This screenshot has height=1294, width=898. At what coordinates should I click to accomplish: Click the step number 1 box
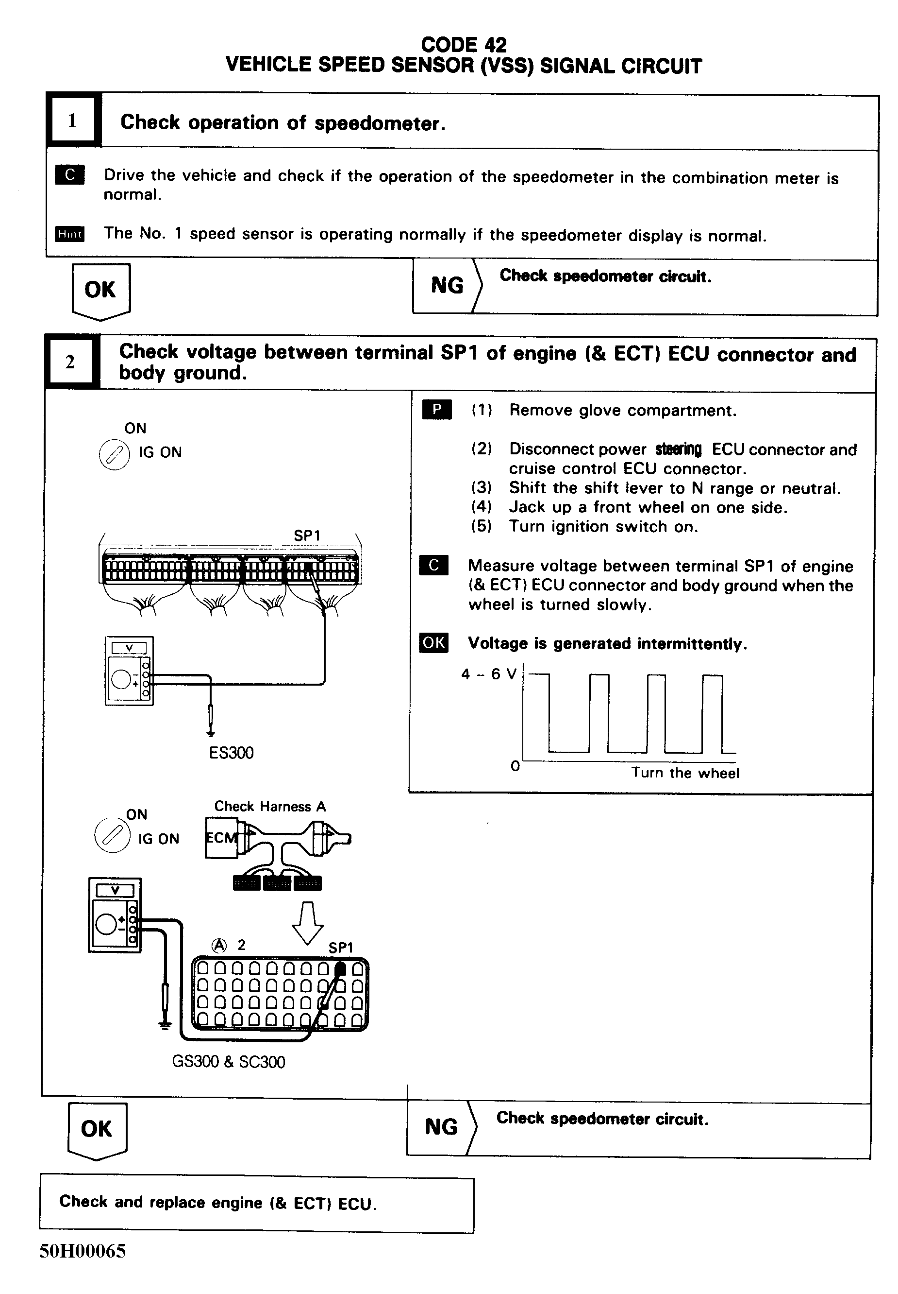click(72, 121)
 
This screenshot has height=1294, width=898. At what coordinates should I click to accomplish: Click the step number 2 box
click(70, 362)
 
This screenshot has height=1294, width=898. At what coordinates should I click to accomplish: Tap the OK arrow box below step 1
click(100, 291)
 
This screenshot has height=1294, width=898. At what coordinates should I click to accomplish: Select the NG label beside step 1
click(448, 286)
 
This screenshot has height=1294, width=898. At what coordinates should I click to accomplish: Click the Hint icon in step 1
click(70, 234)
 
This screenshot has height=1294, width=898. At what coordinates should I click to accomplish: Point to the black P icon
click(436, 409)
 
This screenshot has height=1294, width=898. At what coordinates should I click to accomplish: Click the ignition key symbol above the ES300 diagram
click(114, 454)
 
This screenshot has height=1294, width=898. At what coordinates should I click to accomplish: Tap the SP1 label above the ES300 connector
click(307, 535)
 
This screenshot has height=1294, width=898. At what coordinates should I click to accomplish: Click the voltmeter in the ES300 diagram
click(129, 671)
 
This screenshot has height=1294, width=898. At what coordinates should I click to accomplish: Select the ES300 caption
click(231, 753)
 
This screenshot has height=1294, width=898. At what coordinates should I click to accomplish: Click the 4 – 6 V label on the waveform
click(488, 674)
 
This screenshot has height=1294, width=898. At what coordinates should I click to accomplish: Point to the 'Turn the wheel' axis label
click(685, 773)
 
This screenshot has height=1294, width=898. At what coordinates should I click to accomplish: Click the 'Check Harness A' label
click(270, 806)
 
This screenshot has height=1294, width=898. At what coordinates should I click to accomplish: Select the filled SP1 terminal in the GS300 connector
click(340, 969)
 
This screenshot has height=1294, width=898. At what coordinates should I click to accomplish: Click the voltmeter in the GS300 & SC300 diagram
click(115, 915)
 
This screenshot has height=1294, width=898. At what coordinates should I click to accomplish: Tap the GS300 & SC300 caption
click(229, 1062)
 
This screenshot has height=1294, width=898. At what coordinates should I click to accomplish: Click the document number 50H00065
click(83, 1251)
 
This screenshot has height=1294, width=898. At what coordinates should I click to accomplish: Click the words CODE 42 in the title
click(464, 45)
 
